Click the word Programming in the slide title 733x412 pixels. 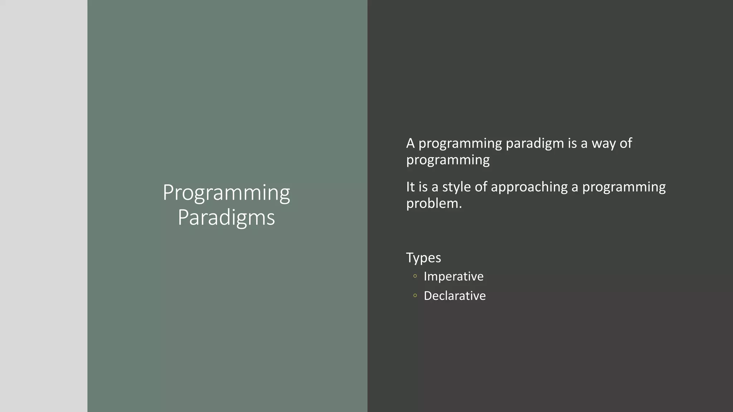coord(226,193)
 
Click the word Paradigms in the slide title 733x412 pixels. coord(226,217)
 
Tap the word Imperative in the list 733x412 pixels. coord(453,276)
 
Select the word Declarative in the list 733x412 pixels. coord(455,296)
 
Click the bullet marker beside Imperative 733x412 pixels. coord(415,276)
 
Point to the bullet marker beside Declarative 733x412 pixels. coord(415,295)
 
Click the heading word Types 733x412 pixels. coord(423,257)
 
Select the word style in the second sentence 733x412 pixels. coord(456,187)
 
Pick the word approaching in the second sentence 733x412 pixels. coord(529,187)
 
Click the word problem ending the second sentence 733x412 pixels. coord(432,203)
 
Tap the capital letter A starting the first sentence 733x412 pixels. coord(410,143)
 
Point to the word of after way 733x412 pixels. coord(626,143)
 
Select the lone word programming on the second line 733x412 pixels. coord(448,160)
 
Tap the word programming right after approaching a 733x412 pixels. coord(624,187)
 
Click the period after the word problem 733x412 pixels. coord(460,207)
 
